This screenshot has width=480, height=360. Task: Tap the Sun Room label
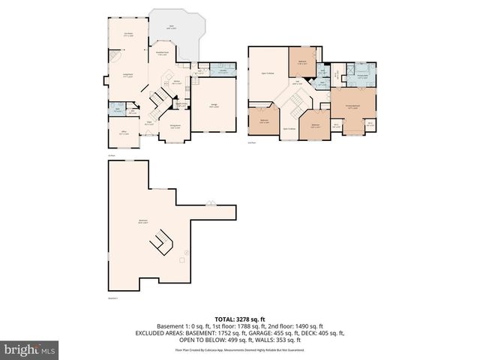(x=129, y=34)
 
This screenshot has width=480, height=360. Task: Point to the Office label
(x=124, y=133)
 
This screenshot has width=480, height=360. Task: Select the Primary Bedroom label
(x=352, y=107)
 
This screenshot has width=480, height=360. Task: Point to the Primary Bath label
(x=363, y=76)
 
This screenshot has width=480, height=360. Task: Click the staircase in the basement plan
(x=160, y=242)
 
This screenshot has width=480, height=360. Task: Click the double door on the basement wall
(x=211, y=203)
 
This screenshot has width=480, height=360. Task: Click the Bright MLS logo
(x=30, y=349)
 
